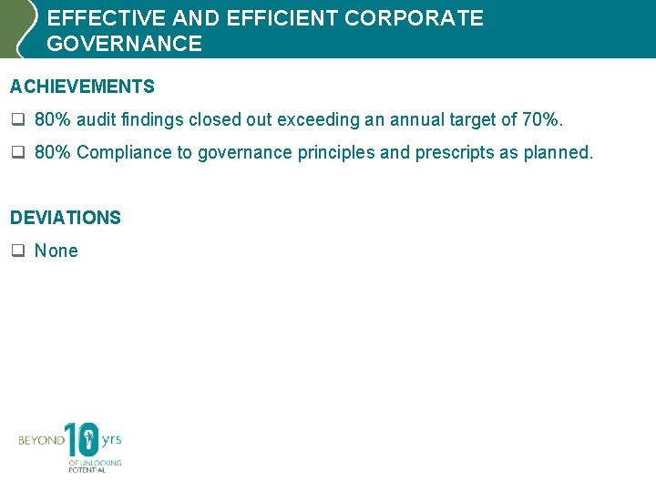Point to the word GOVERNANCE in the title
(124, 44)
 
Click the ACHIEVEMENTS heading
(82, 87)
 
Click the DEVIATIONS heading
(65, 218)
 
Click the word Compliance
(122, 152)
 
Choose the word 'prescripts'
(454, 152)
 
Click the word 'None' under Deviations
(56, 251)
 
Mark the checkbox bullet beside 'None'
(16, 251)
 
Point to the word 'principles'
(336, 152)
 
